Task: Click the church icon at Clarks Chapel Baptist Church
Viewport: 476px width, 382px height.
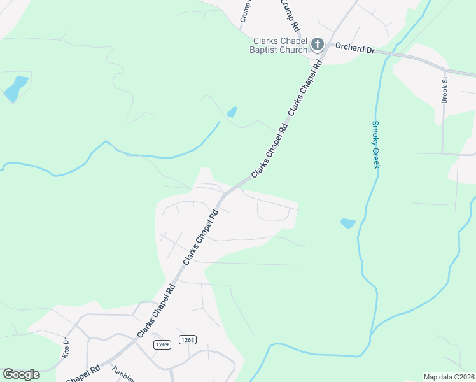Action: (318, 44)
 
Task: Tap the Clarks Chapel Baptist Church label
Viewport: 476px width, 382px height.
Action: (280, 45)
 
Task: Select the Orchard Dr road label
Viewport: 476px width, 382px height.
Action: (354, 47)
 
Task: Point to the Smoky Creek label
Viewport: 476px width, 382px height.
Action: (375, 145)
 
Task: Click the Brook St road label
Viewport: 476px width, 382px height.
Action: (445, 89)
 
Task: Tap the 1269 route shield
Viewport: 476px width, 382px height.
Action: (162, 344)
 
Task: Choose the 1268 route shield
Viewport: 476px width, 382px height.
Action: (186, 340)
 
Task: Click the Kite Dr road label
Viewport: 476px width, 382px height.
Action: (64, 347)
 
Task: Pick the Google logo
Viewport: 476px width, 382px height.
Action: (21, 374)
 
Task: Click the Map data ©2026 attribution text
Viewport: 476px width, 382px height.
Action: (449, 377)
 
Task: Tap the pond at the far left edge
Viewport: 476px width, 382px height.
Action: (15, 89)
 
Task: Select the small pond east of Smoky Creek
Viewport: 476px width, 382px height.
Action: (347, 223)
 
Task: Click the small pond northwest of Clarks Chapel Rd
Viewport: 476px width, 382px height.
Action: (232, 112)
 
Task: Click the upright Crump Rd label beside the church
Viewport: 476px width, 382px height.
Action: (291, 16)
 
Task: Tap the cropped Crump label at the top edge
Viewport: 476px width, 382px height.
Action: (244, 11)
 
